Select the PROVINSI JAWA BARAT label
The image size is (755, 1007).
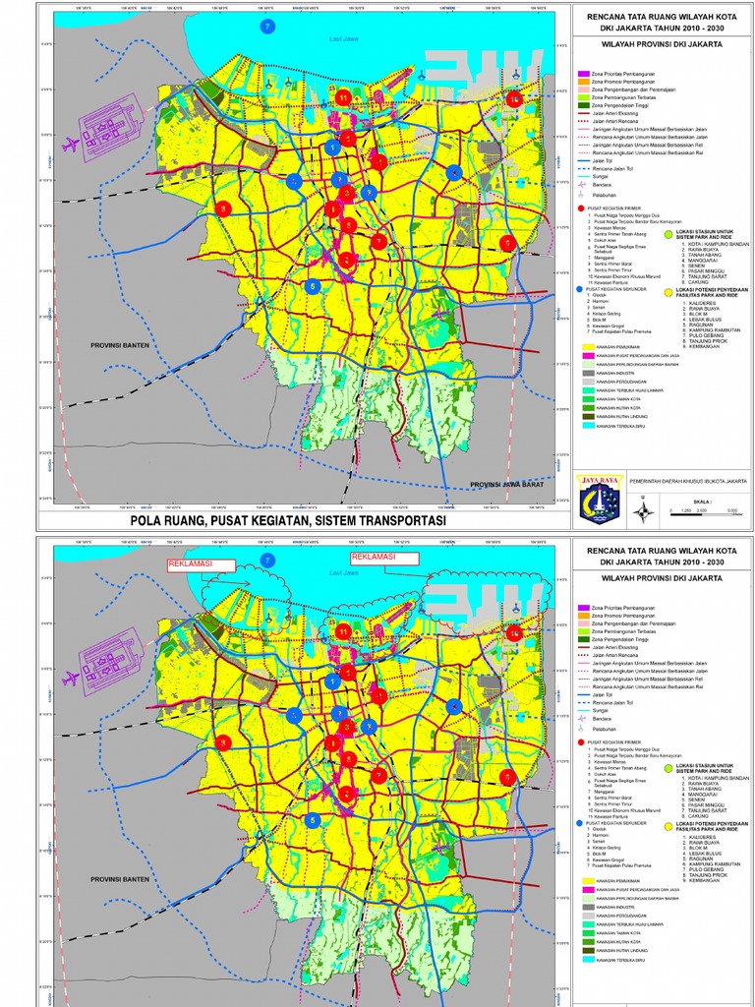pyautogui.click(x=507, y=485)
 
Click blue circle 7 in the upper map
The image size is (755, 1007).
pyautogui.click(x=266, y=28)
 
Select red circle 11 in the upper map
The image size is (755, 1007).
pyautogui.click(x=343, y=97)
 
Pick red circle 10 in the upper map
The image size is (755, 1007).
pyautogui.click(x=513, y=97)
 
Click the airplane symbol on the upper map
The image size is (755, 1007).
pyautogui.click(x=71, y=144)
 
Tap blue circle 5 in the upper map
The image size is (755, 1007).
pyautogui.click(x=313, y=286)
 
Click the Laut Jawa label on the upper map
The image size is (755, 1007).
pyautogui.click(x=342, y=39)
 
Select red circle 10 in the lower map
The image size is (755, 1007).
pyautogui.click(x=513, y=632)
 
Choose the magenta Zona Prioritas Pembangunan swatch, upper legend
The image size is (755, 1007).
pyautogui.click(x=584, y=75)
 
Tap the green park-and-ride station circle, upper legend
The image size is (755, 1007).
pyautogui.click(x=668, y=233)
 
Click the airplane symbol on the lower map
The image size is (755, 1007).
pyautogui.click(x=71, y=678)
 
